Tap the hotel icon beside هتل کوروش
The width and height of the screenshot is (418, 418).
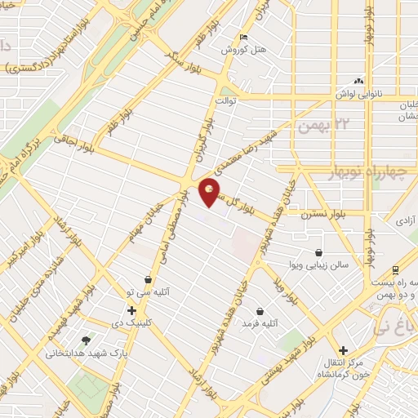(x=243, y=38)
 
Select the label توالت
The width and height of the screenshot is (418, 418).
(x=225, y=101)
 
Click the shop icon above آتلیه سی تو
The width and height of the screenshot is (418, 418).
(x=147, y=279)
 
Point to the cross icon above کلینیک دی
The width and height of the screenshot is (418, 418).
(x=131, y=310)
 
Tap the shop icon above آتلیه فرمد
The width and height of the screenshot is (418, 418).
(x=260, y=311)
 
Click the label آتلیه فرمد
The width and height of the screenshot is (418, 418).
(x=260, y=324)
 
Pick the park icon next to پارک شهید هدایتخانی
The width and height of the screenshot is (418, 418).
(x=86, y=340)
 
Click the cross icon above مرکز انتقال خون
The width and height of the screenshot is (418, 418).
(x=343, y=327)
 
